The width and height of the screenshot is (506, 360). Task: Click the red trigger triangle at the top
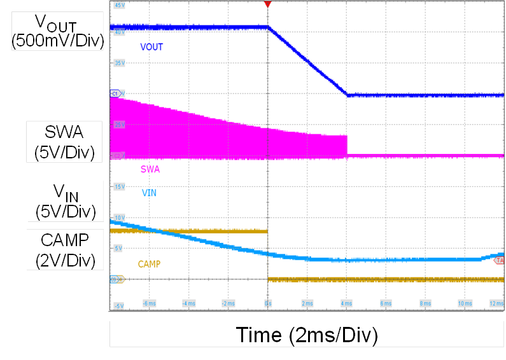pos(268,5)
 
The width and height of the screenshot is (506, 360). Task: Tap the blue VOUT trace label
pos(151,47)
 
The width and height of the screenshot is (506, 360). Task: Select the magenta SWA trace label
pos(150,170)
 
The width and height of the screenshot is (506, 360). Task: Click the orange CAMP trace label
pos(149,263)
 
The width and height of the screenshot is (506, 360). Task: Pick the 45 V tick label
pos(119,5)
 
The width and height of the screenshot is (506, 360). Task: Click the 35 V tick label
pos(119,64)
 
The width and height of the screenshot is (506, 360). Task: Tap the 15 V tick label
pos(119,186)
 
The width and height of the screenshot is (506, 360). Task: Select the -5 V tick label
pos(119,306)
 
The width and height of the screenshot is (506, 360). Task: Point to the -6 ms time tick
pos(149,304)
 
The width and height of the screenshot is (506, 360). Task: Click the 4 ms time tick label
pos(346,304)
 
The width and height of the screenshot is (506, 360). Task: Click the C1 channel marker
pos(115,93)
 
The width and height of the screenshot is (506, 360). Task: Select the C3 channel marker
pos(115,279)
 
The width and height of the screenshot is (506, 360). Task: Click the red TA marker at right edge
pos(500,261)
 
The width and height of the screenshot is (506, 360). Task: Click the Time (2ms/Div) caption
pos(307,335)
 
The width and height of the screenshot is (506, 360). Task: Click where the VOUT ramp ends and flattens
pos(347,95)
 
